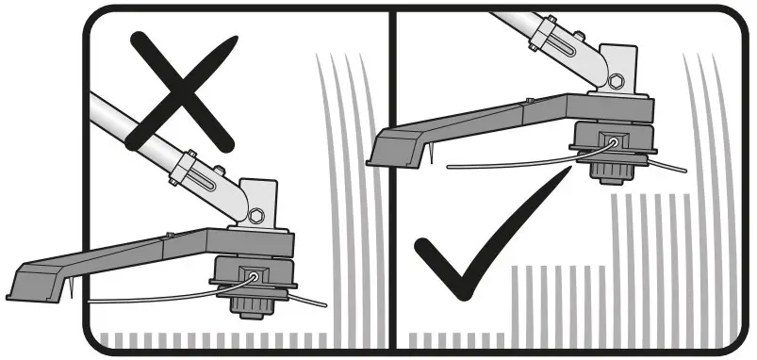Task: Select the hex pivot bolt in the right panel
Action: click(x=615, y=79)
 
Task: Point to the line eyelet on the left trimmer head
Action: click(x=255, y=276)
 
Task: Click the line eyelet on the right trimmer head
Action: click(x=614, y=141)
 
